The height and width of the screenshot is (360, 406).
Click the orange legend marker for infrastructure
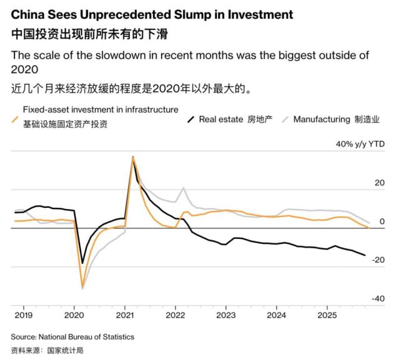pos(16,117)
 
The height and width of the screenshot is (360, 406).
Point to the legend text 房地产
pos(260,119)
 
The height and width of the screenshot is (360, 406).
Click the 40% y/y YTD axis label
pos(360,144)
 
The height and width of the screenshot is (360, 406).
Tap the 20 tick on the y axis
pos(379,183)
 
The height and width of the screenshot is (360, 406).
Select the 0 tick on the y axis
pos(382,221)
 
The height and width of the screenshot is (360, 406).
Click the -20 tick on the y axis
pos(377,260)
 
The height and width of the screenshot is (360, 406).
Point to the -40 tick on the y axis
pos(377,298)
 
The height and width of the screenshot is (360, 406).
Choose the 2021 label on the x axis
pos(125,316)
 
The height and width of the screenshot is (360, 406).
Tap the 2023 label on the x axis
pos(226,316)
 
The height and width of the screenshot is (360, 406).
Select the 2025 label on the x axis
pos(327,316)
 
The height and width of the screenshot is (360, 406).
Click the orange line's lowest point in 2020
pos(82,288)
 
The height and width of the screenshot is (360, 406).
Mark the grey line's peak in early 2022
pos(184,187)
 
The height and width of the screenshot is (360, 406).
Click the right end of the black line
pos(366,255)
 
